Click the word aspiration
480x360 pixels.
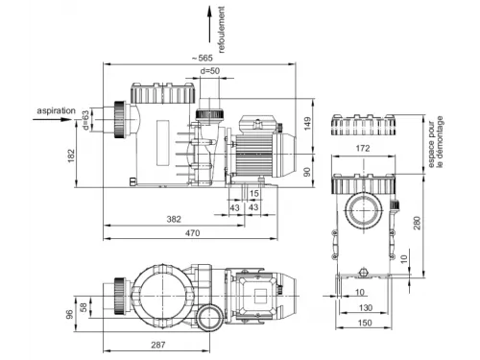point(57,110)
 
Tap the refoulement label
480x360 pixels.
point(221,30)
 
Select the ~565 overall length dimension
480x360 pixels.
point(203,58)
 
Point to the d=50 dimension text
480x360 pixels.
point(210,71)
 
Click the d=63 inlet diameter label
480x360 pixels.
point(85,120)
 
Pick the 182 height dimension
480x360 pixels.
point(71,156)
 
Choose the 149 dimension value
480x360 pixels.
point(307,124)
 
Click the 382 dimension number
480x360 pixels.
point(174,219)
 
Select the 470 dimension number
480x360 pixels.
point(193,233)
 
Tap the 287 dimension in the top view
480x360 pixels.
point(158,345)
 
